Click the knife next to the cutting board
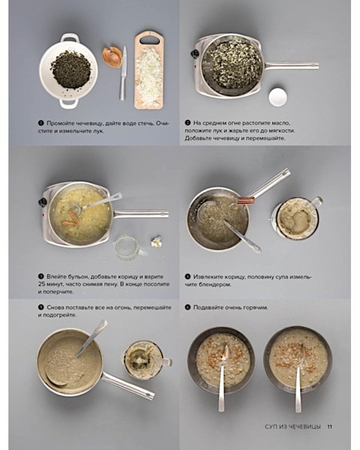click(x=123, y=73)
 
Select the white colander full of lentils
click(x=68, y=71)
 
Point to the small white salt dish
click(x=278, y=97)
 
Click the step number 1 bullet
click(x=41, y=123)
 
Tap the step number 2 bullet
click(x=188, y=123)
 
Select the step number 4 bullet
click(x=188, y=277)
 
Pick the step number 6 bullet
click(x=188, y=307)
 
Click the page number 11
click(x=329, y=427)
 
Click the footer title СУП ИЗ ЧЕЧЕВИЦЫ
click(x=293, y=427)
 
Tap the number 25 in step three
click(x=42, y=284)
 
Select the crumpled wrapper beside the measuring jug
click(x=156, y=241)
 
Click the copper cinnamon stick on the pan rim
click(x=246, y=200)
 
